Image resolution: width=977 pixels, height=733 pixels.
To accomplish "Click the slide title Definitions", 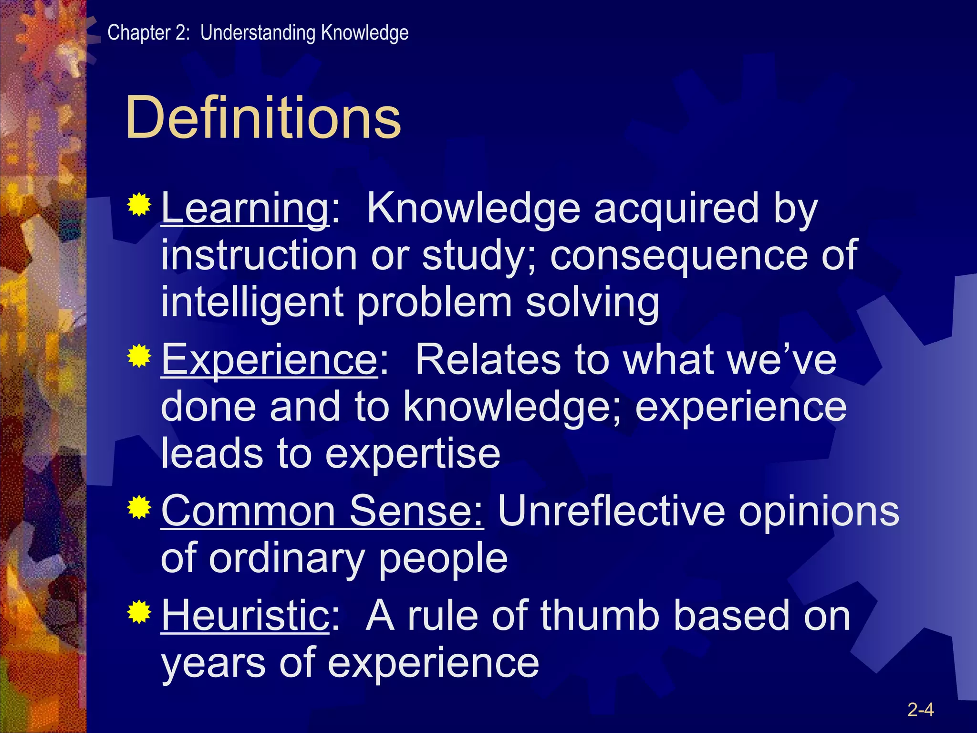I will (263, 117).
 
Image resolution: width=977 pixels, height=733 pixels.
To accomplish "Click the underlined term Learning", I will (245, 209).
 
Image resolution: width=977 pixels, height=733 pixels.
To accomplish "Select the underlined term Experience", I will (270, 360).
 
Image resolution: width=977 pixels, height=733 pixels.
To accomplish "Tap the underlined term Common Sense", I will (322, 511).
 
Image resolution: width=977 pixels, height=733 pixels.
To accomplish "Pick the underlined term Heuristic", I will (245, 616).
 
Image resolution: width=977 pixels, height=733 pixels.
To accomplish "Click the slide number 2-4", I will (920, 710).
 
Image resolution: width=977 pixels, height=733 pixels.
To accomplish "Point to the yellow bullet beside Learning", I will (139, 206).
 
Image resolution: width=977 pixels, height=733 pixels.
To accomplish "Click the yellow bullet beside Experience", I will (139, 356).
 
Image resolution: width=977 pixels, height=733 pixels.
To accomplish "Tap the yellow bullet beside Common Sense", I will (139, 508).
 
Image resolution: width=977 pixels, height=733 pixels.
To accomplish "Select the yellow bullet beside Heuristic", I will (139, 613).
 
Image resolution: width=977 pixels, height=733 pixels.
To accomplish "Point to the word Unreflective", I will (611, 511).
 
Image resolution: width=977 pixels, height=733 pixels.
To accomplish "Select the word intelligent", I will (252, 303).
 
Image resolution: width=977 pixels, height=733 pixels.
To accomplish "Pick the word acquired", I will (676, 209).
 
